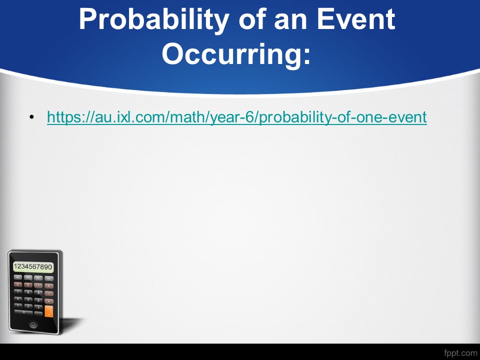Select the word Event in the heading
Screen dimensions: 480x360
tap(355, 19)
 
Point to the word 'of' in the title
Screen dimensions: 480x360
tap(253, 19)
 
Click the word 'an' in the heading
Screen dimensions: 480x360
tap(291, 22)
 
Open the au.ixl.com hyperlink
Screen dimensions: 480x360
tap(237, 117)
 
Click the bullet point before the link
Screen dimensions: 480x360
tap(32, 117)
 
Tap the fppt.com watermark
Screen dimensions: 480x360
tap(460, 353)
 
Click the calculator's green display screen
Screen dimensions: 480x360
tap(33, 266)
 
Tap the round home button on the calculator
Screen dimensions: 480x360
tap(33, 324)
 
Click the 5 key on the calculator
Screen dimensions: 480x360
tap(28, 300)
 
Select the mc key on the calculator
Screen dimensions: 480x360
tap(18, 277)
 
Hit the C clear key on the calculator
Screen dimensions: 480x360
tap(18, 284)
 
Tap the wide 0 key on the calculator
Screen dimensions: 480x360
tap(23, 312)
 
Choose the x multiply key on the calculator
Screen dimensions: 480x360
tap(48, 286)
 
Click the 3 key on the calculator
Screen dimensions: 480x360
tap(38, 307)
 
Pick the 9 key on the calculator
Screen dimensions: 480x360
tap(38, 293)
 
